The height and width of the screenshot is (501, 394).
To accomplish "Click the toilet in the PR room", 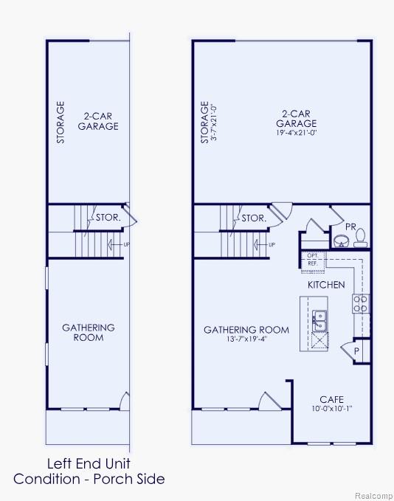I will tap(360, 238).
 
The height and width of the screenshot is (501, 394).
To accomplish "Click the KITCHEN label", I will tap(326, 284).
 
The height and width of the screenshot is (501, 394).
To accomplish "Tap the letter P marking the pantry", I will tap(356, 352).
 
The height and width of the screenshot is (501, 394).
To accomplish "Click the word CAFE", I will tap(331, 400).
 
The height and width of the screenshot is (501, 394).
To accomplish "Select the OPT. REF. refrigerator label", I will tap(312, 259).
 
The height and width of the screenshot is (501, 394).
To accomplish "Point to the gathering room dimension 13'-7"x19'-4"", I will tap(246, 340).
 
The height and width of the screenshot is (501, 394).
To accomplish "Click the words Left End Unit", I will tap(89, 464).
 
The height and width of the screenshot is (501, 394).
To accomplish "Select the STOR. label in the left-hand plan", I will tap(108, 218).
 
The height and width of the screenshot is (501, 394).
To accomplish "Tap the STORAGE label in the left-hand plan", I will tap(61, 122).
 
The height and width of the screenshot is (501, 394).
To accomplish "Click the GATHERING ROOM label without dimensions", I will tap(89, 332).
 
